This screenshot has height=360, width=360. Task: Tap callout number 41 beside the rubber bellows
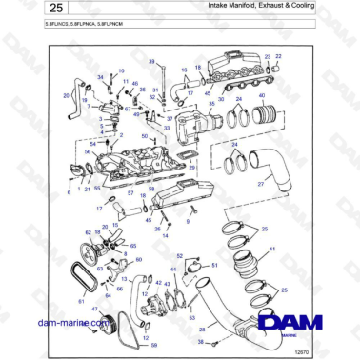coord(272,249)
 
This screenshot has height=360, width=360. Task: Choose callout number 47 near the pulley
coord(93,309)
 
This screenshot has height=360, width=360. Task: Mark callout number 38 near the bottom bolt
coord(199,339)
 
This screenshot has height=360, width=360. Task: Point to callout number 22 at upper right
coord(279,57)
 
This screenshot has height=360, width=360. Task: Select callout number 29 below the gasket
coord(191,168)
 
